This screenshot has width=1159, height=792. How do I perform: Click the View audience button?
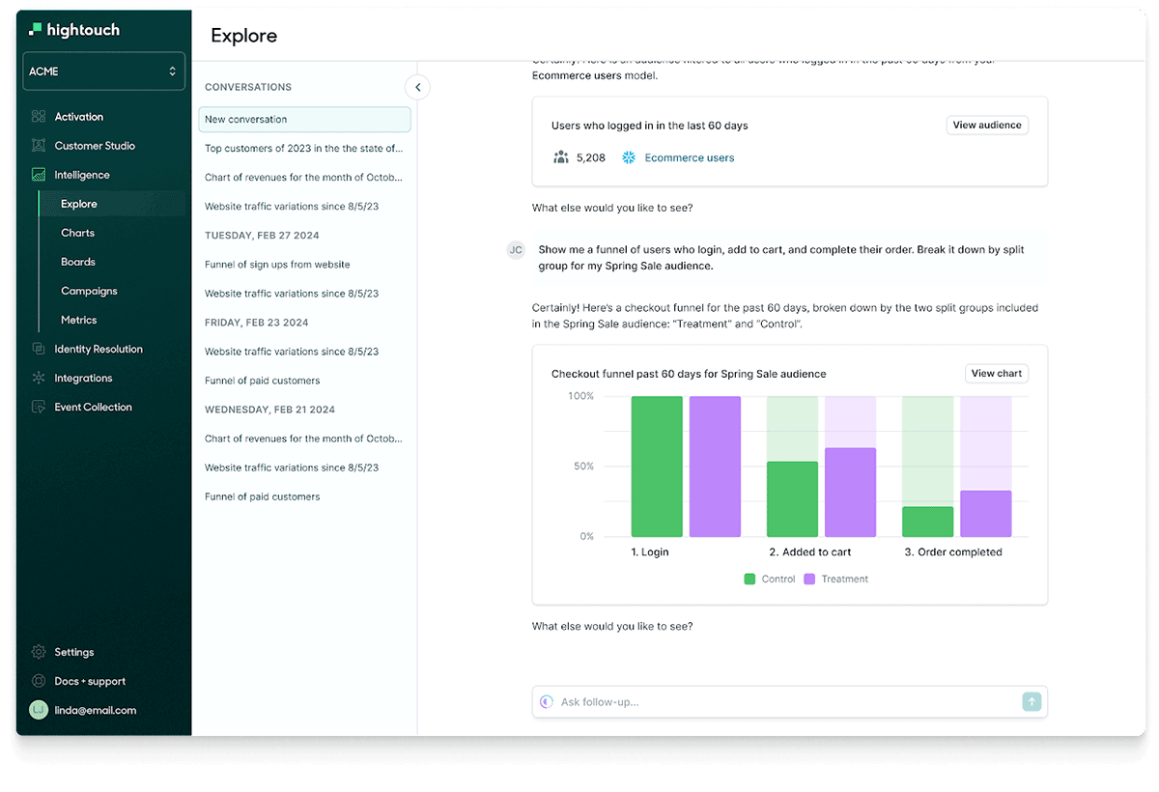pos(986,125)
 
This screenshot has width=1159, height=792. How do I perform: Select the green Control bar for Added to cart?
pos(792,498)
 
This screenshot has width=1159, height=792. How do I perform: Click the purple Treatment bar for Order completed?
pos(985,514)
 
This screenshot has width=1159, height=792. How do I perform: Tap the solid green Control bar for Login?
pos(657,467)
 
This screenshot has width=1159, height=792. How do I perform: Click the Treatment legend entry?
pos(835,580)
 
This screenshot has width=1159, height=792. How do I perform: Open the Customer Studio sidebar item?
pos(95,146)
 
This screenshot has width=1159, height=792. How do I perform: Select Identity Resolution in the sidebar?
pos(98,349)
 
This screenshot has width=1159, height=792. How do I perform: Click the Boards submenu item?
pos(78,262)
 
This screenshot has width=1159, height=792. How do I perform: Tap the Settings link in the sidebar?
pos(73,652)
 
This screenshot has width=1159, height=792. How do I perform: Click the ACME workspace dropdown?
pos(103,71)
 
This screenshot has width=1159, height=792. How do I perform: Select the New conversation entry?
pos(304,120)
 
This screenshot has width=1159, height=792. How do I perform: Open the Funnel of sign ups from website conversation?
pos(277,265)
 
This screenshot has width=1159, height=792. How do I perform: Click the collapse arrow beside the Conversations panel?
pos(417,87)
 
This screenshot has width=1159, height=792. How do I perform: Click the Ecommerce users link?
pos(689,157)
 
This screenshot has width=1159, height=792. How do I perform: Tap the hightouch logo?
pos(74,30)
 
